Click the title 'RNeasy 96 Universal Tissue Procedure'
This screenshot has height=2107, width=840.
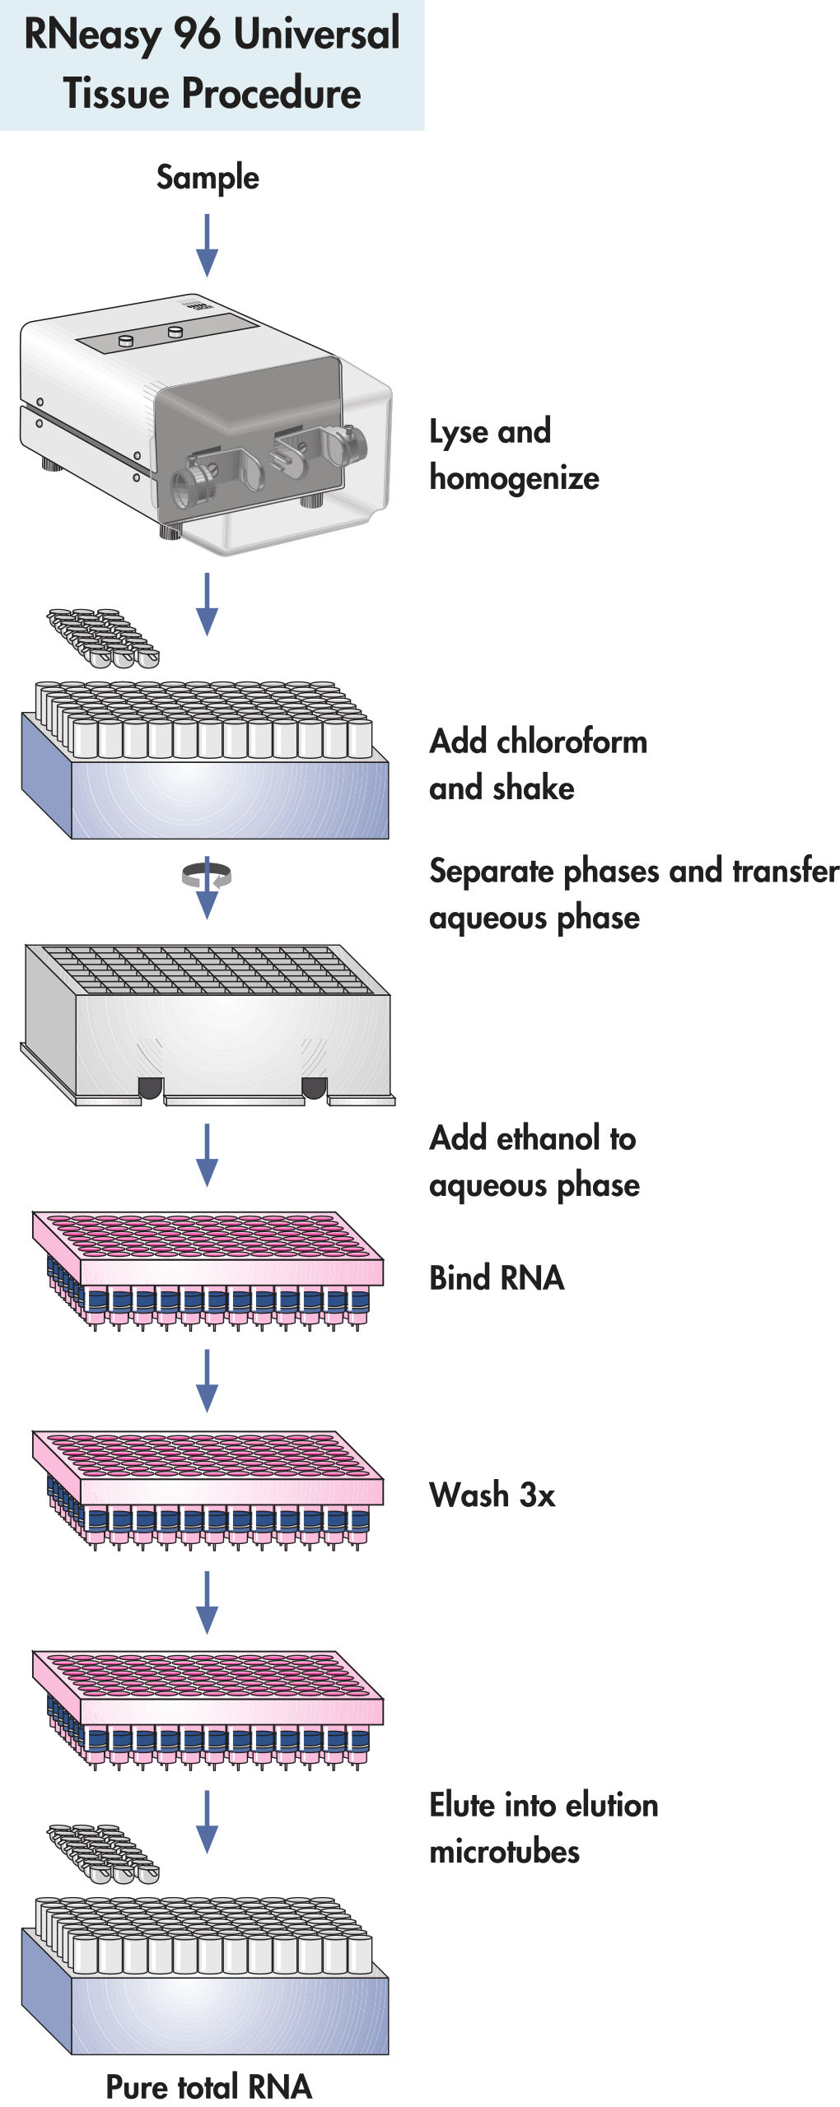[x=212, y=63]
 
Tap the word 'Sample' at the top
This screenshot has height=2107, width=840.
[x=208, y=177]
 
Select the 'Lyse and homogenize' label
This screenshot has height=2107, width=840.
[x=514, y=454]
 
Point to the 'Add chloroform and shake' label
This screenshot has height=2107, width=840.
[x=538, y=764]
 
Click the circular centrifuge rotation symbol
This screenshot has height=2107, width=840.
[x=207, y=876]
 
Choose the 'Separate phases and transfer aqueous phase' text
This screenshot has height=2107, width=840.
[x=633, y=894]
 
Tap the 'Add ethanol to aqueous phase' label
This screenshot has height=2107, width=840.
[x=534, y=1161]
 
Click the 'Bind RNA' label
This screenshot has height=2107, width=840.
[x=497, y=1278]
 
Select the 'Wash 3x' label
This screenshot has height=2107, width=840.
[x=492, y=1495]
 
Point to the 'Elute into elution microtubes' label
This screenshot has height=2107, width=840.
[x=544, y=1827]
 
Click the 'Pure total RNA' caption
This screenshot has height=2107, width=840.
[x=208, y=2086]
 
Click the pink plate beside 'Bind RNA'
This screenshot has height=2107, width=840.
[x=208, y=1267]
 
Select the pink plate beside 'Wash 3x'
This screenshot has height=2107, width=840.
[x=208, y=1488]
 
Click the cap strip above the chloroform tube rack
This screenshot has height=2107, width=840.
[x=103, y=637]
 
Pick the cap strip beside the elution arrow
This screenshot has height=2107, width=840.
[x=103, y=1854]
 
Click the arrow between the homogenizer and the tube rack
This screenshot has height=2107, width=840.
[x=207, y=604]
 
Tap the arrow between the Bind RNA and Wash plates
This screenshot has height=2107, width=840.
[x=207, y=1380]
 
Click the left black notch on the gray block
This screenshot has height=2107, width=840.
[x=151, y=1088]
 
